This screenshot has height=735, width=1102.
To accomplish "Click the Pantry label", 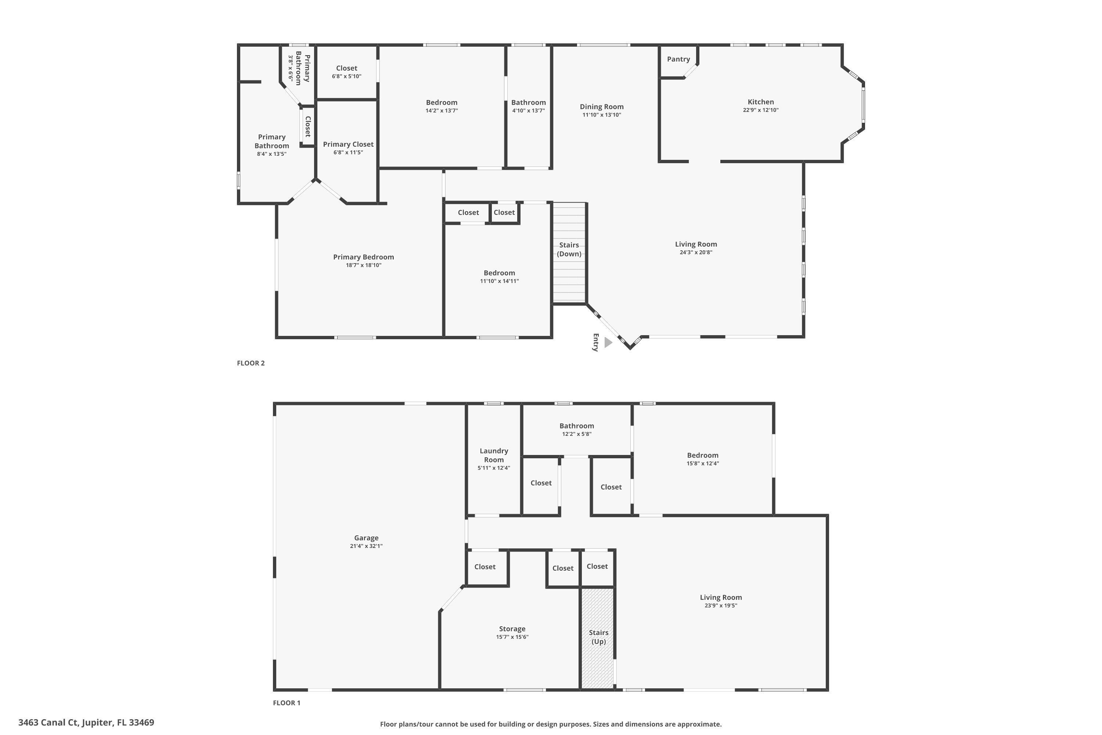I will (x=678, y=59).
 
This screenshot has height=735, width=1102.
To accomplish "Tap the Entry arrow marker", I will (x=608, y=342).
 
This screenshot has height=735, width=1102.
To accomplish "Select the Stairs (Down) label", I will (x=569, y=250).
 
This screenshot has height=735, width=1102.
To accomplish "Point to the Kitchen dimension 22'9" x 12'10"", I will (x=760, y=110).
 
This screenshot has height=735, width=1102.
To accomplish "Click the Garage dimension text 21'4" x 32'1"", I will (x=366, y=546).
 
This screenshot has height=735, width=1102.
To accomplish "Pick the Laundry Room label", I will (x=493, y=455).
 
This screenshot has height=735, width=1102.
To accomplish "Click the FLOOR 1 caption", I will (x=286, y=703).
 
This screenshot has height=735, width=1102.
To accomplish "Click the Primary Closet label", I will (x=348, y=144).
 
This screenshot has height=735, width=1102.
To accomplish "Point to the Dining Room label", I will (x=602, y=107).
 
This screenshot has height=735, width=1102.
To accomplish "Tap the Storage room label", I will (x=512, y=629).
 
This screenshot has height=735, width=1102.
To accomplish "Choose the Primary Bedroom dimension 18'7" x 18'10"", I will (x=364, y=265).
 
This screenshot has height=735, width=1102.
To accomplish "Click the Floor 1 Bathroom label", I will (x=576, y=426).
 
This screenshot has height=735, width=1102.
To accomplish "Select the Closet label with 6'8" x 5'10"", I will (x=346, y=68).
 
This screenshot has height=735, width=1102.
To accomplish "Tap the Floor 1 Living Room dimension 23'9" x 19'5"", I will (x=721, y=606).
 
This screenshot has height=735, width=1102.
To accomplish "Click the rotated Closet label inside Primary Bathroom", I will (x=308, y=126).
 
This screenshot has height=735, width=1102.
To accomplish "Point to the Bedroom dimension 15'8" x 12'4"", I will (x=702, y=463).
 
